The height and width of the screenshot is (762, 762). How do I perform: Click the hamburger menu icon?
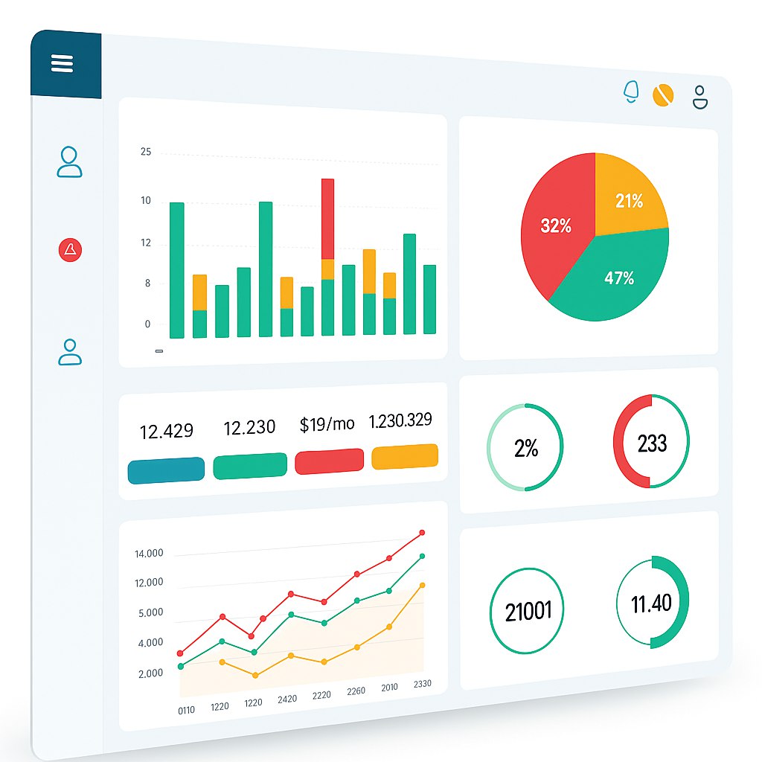(x=63, y=64)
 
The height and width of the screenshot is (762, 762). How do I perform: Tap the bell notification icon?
(x=631, y=91)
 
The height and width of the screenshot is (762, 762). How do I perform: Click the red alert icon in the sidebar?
(x=70, y=250)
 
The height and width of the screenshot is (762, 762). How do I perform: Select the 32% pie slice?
(x=557, y=225)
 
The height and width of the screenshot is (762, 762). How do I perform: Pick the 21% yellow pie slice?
(x=629, y=199)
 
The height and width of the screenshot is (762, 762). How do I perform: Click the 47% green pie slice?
(x=618, y=278)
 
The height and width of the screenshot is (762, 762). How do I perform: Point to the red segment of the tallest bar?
(x=327, y=219)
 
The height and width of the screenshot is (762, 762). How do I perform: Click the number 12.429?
(x=167, y=431)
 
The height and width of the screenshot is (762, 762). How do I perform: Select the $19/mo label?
(x=327, y=424)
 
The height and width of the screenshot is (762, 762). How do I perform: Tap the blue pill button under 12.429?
(x=166, y=470)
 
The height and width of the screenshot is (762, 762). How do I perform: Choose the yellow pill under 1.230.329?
(x=405, y=456)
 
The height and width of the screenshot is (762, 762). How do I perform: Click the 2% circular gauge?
(x=525, y=448)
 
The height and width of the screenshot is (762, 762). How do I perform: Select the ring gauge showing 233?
(x=652, y=443)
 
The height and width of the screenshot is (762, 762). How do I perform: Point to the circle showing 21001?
(x=528, y=611)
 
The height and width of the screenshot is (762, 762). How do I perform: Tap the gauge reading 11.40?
(x=652, y=602)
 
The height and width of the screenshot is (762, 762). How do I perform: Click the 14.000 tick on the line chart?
(x=149, y=554)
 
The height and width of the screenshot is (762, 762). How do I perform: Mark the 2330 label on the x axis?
(x=422, y=684)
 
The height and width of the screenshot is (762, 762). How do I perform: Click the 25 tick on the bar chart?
(x=146, y=153)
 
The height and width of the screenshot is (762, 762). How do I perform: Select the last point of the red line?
(x=422, y=533)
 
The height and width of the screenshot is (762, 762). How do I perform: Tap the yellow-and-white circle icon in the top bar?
(x=663, y=95)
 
